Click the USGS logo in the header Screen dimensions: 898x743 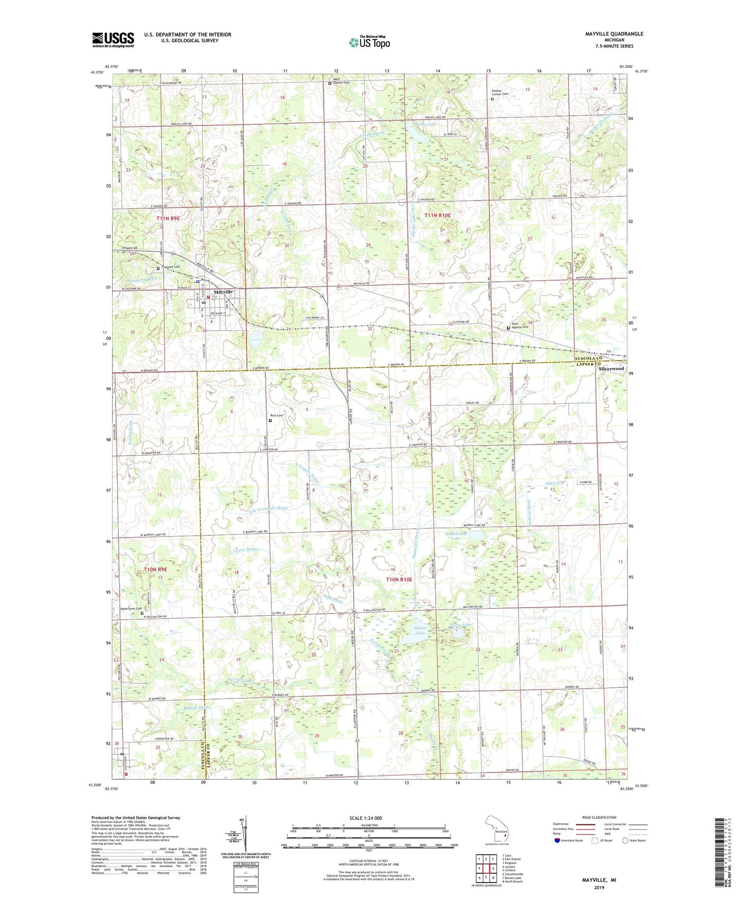pos(113,39)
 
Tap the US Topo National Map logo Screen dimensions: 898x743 pos(369,42)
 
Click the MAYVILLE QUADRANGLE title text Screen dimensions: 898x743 pos(614,34)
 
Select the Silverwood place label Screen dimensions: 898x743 pos(611,369)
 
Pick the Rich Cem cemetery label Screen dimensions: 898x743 pos(276,416)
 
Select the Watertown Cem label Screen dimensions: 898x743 pos(131,609)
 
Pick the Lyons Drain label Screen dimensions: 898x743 pos(244,549)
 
